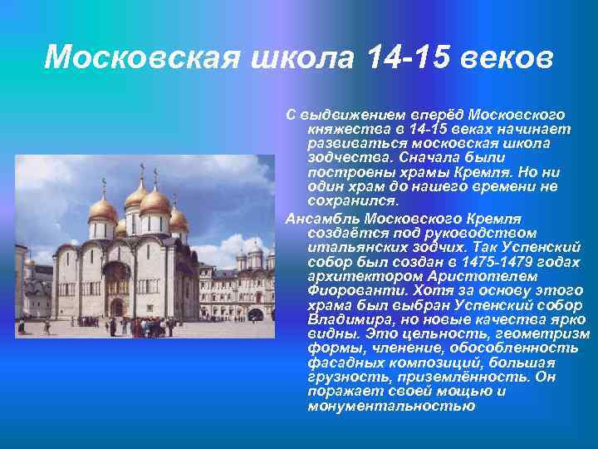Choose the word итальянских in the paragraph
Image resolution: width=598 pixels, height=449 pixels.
point(350,247)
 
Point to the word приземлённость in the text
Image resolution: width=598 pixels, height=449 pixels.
point(448,377)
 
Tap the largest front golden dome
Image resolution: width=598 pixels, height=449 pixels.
point(155,201)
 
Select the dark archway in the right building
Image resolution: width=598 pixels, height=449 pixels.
point(256,314)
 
